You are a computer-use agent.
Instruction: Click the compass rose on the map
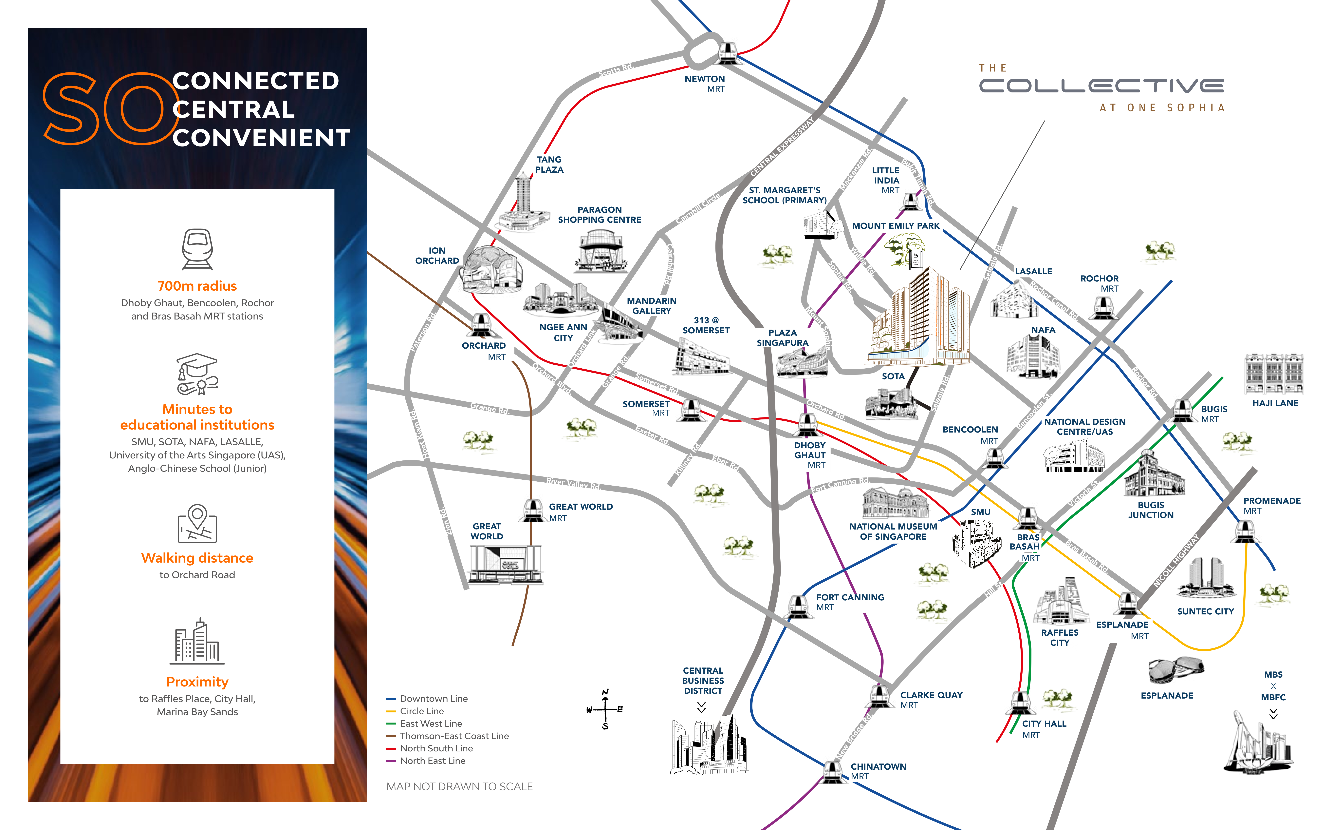pyautogui.click(x=605, y=709)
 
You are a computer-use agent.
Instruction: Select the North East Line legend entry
pyautogui.click(x=426, y=761)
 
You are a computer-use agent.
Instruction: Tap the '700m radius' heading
pyautogui.click(x=197, y=286)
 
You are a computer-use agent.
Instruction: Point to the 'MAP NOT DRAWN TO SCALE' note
pyautogui.click(x=459, y=787)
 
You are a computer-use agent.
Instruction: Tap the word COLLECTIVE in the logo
pyautogui.click(x=1101, y=86)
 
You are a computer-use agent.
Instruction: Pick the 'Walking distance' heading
pyautogui.click(x=197, y=558)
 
